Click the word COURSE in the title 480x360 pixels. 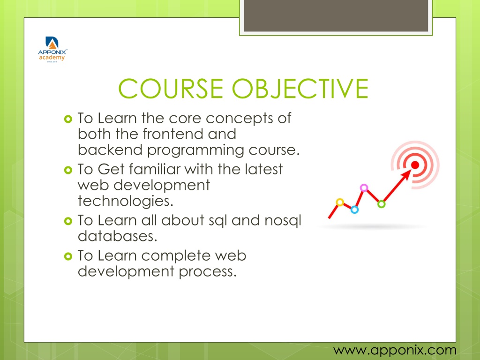pyautogui.click(x=171, y=89)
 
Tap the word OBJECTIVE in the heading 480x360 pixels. pyautogui.click(x=300, y=89)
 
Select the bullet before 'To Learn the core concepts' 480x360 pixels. pyautogui.click(x=68, y=119)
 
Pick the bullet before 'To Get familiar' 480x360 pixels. pyautogui.click(x=68, y=170)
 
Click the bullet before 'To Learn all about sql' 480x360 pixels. pyautogui.click(x=68, y=221)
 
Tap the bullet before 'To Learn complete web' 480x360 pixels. pyautogui.click(x=68, y=256)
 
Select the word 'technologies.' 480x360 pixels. pyautogui.click(x=126, y=201)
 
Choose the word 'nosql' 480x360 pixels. pyautogui.click(x=283, y=221)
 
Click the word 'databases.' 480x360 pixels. pyautogui.click(x=118, y=236)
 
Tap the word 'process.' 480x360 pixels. pyautogui.click(x=208, y=272)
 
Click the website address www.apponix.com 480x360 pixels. pyautogui.click(x=395, y=350)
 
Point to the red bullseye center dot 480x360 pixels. pyautogui.click(x=415, y=165)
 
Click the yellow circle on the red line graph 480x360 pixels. pyautogui.click(x=340, y=202)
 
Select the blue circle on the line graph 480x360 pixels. pyautogui.click(x=354, y=210)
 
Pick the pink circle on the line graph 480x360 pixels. pyautogui.click(x=364, y=187)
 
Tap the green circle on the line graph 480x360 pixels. pyautogui.click(x=382, y=204)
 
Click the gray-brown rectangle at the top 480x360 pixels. pyautogui.click(x=336, y=15)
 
